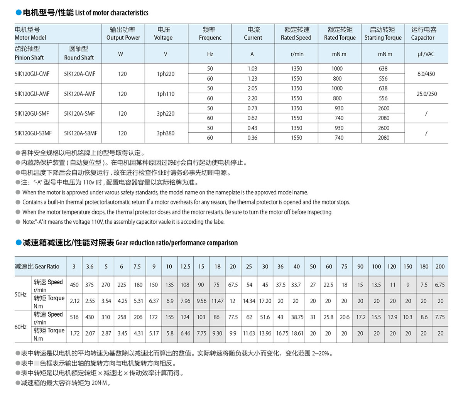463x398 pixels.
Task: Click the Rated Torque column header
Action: tap(340, 34)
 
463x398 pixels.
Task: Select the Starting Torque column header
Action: tap(383, 34)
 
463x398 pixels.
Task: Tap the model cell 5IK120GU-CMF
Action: tap(32, 74)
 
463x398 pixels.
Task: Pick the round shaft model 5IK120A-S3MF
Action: tap(81, 133)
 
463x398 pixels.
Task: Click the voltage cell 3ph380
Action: tap(166, 133)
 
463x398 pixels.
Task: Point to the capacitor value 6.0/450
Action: tap(426, 74)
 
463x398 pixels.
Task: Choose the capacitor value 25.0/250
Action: tap(427, 94)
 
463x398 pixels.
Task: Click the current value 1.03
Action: tap(252, 69)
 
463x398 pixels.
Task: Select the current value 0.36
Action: tap(252, 138)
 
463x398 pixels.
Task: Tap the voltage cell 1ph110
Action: tap(166, 94)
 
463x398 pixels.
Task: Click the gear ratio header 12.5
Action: tap(185, 266)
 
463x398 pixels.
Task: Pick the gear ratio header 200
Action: tap(440, 266)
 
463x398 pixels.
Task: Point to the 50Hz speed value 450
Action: tap(74, 285)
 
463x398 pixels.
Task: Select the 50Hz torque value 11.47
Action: tap(217, 301)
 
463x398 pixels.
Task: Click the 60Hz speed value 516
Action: tap(74, 317)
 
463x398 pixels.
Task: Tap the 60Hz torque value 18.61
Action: tap(297, 334)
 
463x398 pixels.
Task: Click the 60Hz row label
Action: tap(20, 327)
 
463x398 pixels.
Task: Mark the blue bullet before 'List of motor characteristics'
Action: tap(18, 13)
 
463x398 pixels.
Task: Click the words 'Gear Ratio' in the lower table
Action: tap(47, 266)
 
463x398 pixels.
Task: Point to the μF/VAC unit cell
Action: tap(426, 54)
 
